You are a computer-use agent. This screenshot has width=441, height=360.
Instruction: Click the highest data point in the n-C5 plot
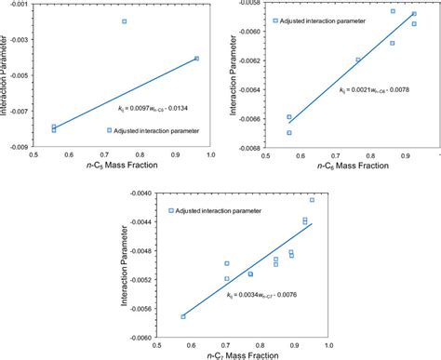coord(124,21)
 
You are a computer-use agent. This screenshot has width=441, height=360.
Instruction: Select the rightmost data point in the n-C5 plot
coord(196,59)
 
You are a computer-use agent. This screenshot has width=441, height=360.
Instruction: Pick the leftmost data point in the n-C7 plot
coord(183,317)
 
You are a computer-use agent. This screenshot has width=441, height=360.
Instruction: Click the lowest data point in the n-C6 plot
coord(289,133)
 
